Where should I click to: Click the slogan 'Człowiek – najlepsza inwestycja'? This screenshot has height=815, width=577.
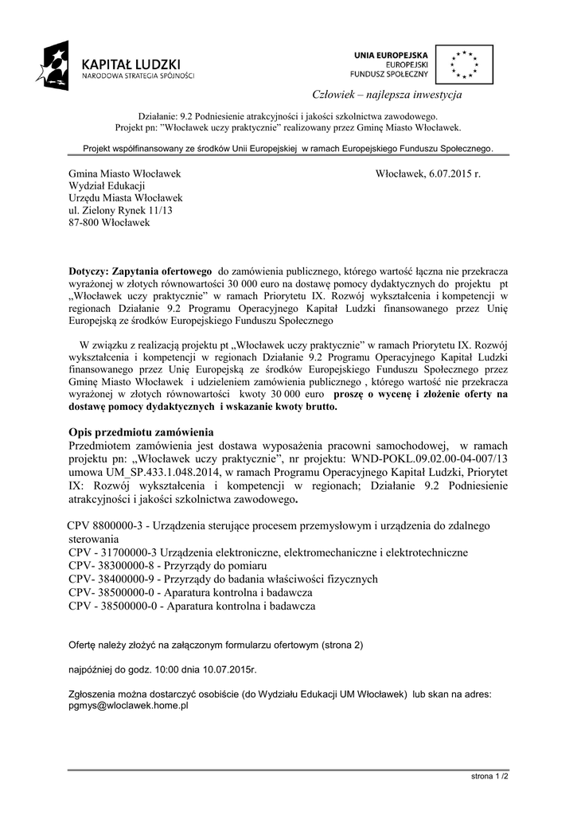pyautogui.click(x=398, y=96)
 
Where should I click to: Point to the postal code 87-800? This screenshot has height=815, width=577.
pyautogui.click(x=86, y=223)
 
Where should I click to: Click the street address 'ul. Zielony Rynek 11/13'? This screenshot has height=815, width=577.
pyautogui.click(x=120, y=210)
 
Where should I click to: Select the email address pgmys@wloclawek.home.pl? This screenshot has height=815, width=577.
pyautogui.click(x=128, y=705)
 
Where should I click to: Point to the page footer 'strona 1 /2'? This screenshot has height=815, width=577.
pyautogui.click(x=489, y=774)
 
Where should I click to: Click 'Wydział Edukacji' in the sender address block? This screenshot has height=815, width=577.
pyautogui.click(x=102, y=185)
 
